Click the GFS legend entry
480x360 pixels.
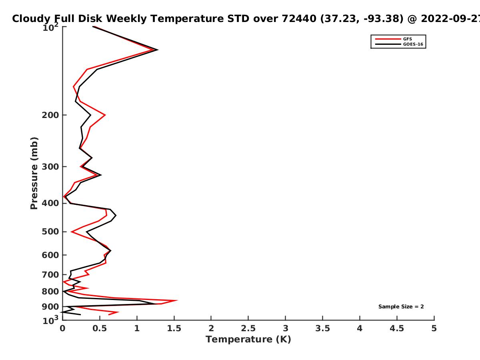[x=394, y=39]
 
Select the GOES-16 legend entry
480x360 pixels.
[x=399, y=44]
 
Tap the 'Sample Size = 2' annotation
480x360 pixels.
[x=401, y=307]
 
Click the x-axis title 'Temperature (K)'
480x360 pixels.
[x=248, y=340]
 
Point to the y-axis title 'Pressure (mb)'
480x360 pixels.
[x=34, y=173]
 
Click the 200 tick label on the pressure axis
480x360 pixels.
[x=50, y=115]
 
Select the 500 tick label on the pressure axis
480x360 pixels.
[x=50, y=232]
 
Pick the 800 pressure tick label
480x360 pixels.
[x=50, y=291]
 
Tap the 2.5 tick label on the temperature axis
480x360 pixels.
[x=248, y=328]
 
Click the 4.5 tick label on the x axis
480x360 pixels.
[x=397, y=328]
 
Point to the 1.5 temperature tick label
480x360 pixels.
[x=174, y=328]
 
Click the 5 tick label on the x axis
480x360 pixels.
[x=434, y=328]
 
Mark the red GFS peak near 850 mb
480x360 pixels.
[x=177, y=300]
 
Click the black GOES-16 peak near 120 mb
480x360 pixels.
[x=158, y=50]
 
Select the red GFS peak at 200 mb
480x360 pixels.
[x=105, y=115]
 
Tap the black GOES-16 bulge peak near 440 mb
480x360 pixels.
[x=116, y=216]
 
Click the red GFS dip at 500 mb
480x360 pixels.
[x=72, y=232]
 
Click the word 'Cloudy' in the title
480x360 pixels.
[x=31, y=19]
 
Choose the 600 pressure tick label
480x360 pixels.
[x=50, y=255]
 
